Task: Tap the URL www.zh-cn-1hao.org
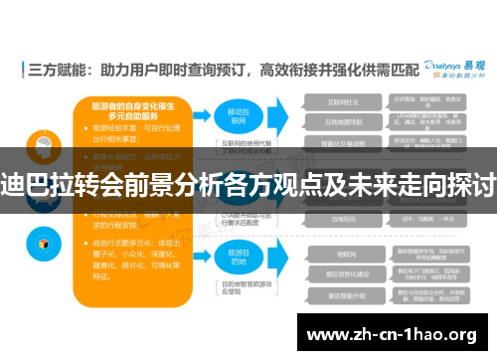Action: [394, 333]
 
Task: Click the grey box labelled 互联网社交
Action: [344, 102]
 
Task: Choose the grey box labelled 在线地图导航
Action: [344, 121]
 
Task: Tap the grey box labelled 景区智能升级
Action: [344, 295]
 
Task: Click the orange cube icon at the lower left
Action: [43, 243]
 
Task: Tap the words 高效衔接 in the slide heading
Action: [288, 71]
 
